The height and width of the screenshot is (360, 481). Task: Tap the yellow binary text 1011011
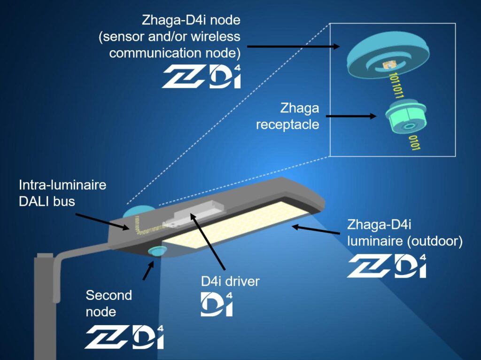pos(396,86)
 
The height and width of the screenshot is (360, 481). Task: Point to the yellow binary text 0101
pos(414,143)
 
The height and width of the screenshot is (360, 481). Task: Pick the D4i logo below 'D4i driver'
pos(217,304)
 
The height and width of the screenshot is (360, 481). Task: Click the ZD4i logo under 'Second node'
pos(124,337)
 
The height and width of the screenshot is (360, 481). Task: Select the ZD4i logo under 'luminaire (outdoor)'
pos(387,266)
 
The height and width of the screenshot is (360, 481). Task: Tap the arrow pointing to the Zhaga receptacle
pos(351,116)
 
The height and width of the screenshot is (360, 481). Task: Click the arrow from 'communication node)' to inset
pos(294,47)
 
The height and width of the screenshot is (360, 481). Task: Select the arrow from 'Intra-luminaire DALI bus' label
pos(102,221)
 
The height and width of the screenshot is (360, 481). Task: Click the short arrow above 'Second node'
pos(148,270)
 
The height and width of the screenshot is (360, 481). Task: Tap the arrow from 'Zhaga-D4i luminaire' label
pos(316,230)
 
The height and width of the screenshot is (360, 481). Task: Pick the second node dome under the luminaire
pos(157,250)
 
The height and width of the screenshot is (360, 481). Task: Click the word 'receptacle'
pos(287,125)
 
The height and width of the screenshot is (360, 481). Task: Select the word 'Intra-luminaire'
pos(62,185)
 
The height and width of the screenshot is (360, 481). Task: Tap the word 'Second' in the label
pos(109,295)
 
